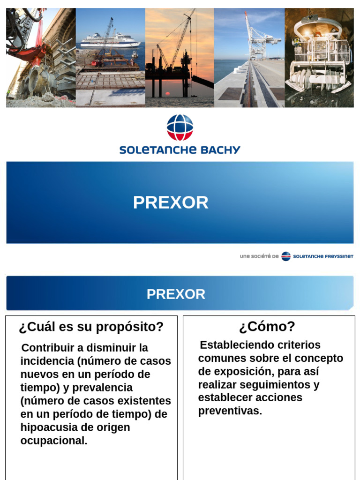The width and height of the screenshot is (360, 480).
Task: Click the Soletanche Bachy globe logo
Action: [x=180, y=127]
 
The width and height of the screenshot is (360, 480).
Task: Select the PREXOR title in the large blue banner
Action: [x=171, y=202]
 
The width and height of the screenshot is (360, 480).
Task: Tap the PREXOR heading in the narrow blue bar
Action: [x=176, y=294]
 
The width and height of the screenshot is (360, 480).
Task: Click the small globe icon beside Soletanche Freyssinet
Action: [x=286, y=256]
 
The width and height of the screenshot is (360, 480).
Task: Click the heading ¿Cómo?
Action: [x=267, y=326]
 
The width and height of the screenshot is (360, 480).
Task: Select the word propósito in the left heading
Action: [x=136, y=327]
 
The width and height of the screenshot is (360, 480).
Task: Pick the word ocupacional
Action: [x=53, y=441]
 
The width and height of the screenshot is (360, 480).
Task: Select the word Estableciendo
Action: [x=234, y=345]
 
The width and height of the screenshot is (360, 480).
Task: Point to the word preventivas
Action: [x=230, y=411]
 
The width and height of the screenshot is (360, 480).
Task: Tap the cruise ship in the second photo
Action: [x=111, y=41]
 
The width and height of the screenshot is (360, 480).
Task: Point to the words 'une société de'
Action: [x=259, y=256]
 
